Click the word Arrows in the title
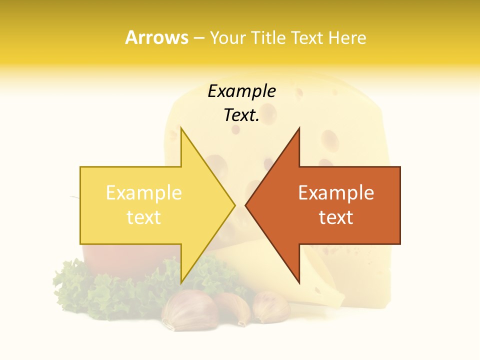pyautogui.click(x=157, y=37)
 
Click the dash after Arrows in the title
pyautogui.click(x=199, y=38)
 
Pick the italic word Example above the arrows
pyautogui.click(x=241, y=91)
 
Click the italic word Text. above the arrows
pyautogui.click(x=241, y=115)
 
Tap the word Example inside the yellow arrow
pyautogui.click(x=143, y=193)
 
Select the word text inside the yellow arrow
pyautogui.click(x=143, y=217)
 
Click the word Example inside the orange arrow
pyautogui.click(x=336, y=193)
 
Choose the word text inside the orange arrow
pyautogui.click(x=336, y=217)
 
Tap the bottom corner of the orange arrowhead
pyautogui.click(x=299, y=282)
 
